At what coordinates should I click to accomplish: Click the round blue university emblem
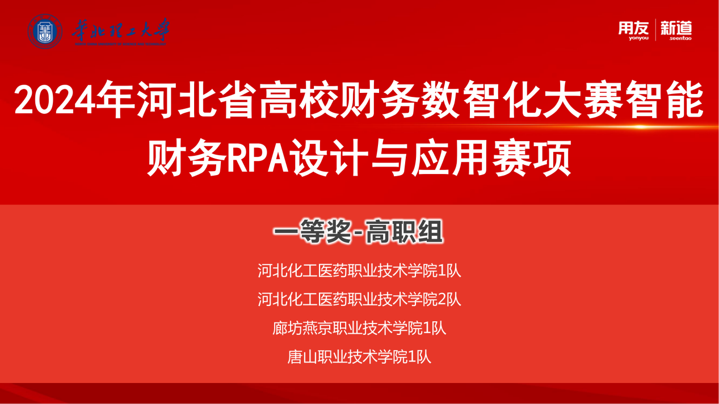click(45, 31)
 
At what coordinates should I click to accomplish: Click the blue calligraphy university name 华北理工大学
click(120, 31)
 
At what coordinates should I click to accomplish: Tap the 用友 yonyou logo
click(633, 31)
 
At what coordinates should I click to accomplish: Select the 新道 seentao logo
click(676, 31)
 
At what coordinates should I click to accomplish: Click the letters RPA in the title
click(258, 158)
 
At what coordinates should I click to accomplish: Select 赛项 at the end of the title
click(532, 158)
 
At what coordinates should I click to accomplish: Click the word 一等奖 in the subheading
click(312, 232)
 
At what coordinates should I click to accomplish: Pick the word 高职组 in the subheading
click(405, 232)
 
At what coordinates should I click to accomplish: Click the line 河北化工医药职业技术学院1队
click(359, 271)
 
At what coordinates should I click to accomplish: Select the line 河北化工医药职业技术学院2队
click(359, 299)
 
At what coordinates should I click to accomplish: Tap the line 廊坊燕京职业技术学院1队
click(359, 328)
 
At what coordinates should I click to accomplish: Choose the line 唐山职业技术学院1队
click(359, 357)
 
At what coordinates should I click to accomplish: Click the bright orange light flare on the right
click(640, 127)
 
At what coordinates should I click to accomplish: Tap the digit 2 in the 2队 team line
click(442, 300)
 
